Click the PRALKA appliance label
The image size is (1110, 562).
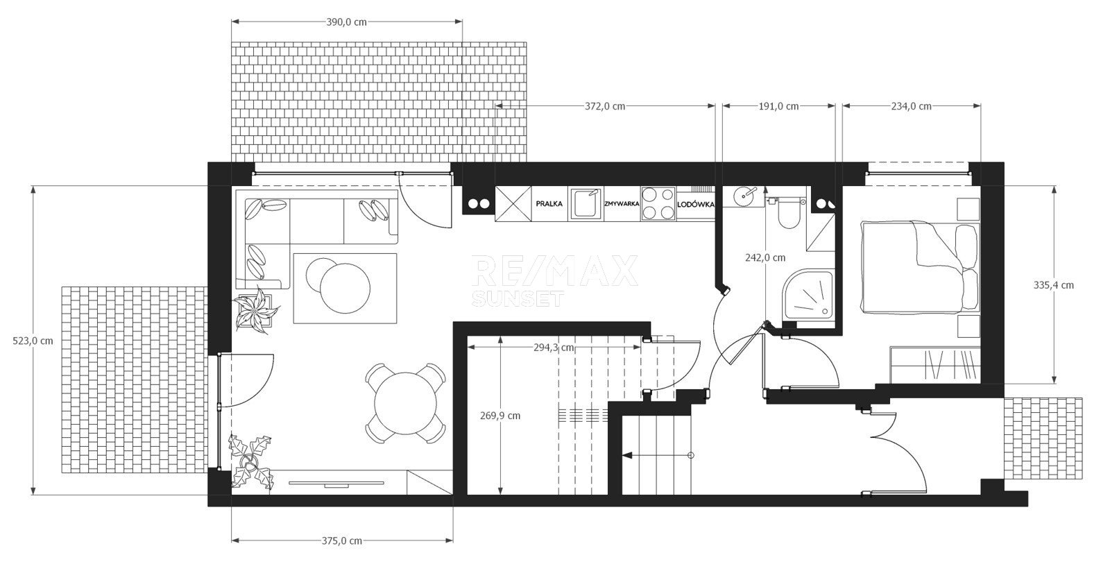[x=549, y=204]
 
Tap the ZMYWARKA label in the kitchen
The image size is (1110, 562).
[x=622, y=204]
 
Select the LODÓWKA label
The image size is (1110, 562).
[x=696, y=204]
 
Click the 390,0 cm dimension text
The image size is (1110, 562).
[x=347, y=22]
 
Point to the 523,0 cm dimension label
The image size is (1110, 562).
[x=33, y=341]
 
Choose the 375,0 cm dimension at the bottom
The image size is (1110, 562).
[x=342, y=540]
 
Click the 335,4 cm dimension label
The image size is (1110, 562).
[x=1054, y=285]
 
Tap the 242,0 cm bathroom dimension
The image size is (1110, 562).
[x=765, y=257]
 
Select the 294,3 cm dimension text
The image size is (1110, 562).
[x=554, y=348]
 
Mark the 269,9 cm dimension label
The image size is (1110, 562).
[x=500, y=416]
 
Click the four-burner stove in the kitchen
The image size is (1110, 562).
[x=658, y=204]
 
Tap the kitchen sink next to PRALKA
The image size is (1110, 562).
[x=586, y=203]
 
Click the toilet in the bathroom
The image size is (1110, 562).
[x=787, y=212]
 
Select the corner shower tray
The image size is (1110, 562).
[x=809, y=296]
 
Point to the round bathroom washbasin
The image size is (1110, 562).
[x=743, y=196]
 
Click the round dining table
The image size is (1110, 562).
[x=405, y=403]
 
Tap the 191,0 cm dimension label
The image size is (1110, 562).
[x=778, y=106]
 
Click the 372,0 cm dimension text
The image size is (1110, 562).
[x=605, y=106]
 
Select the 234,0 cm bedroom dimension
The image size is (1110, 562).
[x=912, y=106]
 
